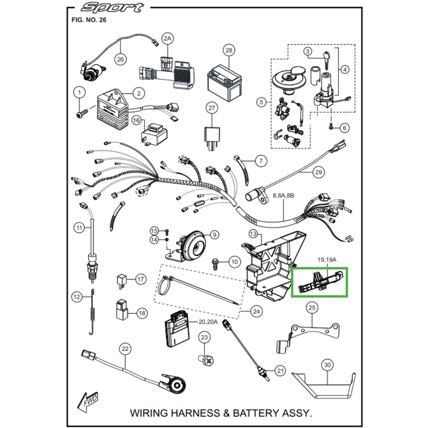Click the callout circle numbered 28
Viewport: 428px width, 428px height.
[x=228, y=51]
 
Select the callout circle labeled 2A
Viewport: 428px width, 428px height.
[x=168, y=39]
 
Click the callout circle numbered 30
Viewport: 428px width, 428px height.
[x=327, y=365]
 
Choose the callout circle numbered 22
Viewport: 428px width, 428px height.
[x=125, y=349]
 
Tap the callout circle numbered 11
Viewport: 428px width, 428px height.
[x=79, y=228]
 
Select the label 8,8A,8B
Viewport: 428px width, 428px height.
[x=283, y=196]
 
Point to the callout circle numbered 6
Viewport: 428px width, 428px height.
[x=344, y=127]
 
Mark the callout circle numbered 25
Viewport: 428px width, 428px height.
[x=312, y=307]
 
